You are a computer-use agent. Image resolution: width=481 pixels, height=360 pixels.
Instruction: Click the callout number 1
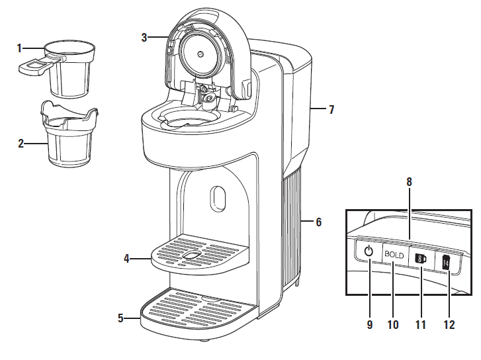coord(20,48)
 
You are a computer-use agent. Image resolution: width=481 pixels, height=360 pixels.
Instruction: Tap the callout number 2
coord(21,142)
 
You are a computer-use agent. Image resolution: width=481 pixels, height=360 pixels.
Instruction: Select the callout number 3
coord(144,38)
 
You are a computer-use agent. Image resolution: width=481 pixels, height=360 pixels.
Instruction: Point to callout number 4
coord(126,259)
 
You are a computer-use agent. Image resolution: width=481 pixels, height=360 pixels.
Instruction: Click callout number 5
coord(120,318)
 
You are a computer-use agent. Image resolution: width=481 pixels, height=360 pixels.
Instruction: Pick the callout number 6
coord(318,222)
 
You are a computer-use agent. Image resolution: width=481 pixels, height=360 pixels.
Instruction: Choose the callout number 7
coord(331,111)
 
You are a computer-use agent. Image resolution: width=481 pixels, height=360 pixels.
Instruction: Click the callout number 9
coord(370,325)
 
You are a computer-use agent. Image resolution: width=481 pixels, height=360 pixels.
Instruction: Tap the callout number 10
coord(392,325)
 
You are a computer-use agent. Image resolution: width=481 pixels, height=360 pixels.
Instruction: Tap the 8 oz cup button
coord(419,259)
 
